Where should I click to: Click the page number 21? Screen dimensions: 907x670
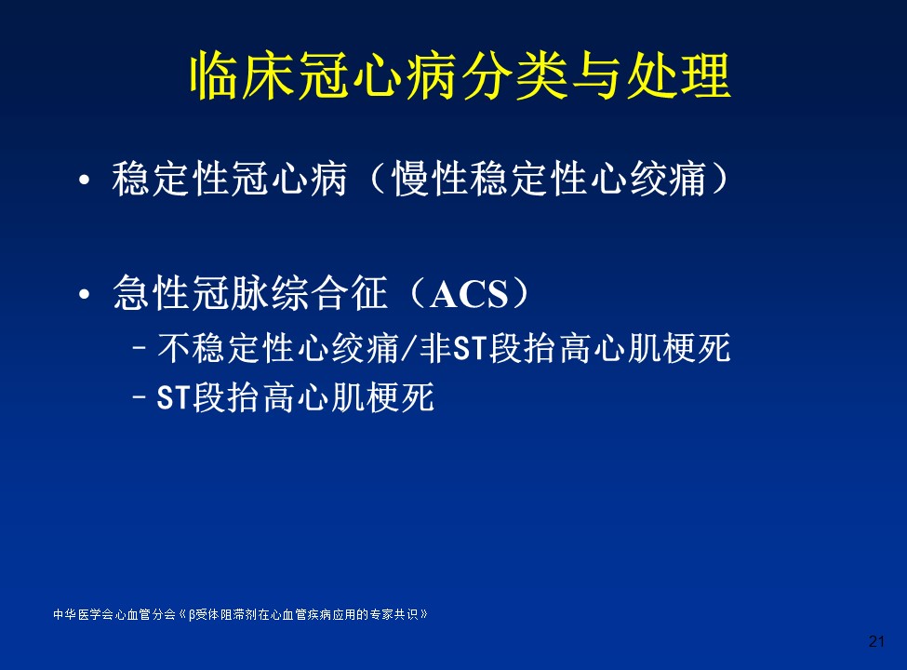[x=876, y=641]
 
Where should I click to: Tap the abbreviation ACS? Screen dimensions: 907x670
[x=469, y=294]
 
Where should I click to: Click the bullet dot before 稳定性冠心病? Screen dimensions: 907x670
[x=85, y=180]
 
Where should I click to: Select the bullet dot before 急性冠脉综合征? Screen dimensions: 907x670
[x=85, y=294]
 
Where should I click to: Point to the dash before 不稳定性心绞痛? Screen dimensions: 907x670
[x=139, y=348]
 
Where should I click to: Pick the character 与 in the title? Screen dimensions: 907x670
[x=596, y=76]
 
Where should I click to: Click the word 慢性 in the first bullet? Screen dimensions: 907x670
[x=429, y=179]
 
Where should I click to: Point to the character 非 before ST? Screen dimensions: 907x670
[x=435, y=348]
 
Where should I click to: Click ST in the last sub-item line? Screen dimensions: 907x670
[x=173, y=398]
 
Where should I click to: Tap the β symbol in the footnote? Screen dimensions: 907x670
[x=192, y=615]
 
